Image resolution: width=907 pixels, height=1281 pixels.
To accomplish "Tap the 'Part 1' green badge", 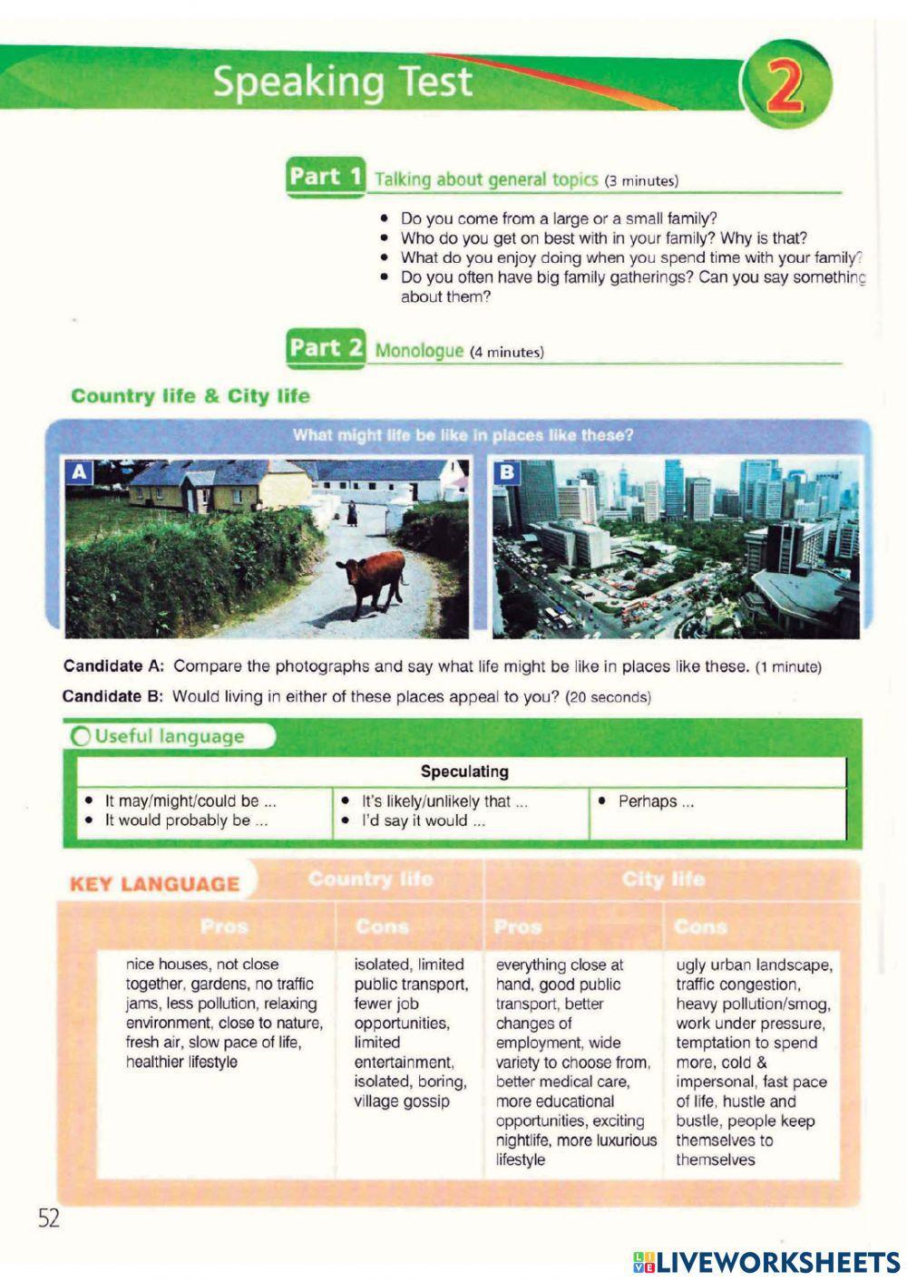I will coord(326,177).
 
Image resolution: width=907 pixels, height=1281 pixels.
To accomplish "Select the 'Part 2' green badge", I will coord(326,348).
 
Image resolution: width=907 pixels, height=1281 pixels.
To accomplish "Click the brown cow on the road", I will coord(372,581).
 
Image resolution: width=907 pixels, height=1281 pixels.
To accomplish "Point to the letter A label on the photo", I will coord(80,471).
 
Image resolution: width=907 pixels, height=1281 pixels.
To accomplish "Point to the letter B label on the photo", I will coord(507,471).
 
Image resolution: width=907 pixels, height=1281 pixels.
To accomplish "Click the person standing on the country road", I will coord(351,513).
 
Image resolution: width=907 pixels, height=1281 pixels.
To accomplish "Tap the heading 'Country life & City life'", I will coord(190,396).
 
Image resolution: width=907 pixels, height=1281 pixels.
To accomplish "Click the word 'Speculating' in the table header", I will coord(463,772).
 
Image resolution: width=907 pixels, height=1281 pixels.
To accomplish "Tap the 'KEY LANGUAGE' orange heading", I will coord(154,884).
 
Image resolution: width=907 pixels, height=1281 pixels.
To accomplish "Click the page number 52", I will coord(49,1218).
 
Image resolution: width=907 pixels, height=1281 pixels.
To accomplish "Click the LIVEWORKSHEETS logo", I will coord(766,1261).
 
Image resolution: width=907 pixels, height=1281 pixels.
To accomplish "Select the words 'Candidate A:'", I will coord(113,666).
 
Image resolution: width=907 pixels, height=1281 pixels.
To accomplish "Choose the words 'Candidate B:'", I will coord(112,697).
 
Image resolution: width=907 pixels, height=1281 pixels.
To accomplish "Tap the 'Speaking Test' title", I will coord(342,82).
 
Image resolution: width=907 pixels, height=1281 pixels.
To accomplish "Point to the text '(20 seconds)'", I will coord(608,698).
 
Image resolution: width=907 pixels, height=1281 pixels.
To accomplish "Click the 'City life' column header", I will coord(663,879).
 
